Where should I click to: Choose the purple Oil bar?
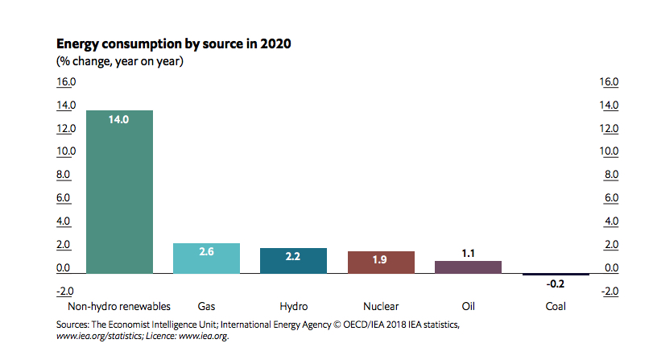[x=468, y=267]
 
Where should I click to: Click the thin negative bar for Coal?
[x=555, y=275]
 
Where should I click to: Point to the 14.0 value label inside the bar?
[x=119, y=119]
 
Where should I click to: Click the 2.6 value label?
[x=206, y=252]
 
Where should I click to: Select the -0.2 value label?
[x=554, y=284]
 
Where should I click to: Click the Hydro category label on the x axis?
[x=293, y=307]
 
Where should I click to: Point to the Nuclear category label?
[x=381, y=307]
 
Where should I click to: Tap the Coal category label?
[x=555, y=307]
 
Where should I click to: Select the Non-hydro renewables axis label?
[x=119, y=307]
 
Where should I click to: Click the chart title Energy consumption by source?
[x=173, y=43]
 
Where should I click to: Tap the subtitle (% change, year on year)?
[x=120, y=61]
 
